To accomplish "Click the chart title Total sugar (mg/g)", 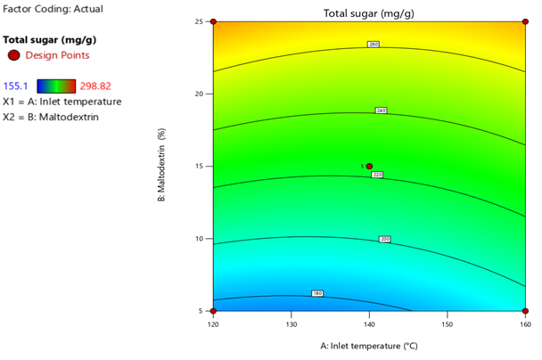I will coord(369,12).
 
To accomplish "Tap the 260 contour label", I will coord(374,44).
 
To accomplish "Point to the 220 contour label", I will coord(376,175).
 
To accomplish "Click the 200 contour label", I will coord(384,239).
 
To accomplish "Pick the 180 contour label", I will coord(317,292).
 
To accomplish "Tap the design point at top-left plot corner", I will coord(214,22).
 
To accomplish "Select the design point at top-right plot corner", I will coord(525,22).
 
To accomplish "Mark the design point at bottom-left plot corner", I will coord(214,311).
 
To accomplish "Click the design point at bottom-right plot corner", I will coord(525,311).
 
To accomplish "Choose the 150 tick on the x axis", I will coord(448,325).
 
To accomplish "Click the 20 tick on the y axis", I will coord(202,94).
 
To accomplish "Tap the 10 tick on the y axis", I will coord(202,239).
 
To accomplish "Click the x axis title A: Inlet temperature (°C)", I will coord(369,345).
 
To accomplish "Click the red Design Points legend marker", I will coord(13,55).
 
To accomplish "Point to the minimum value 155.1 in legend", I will coord(18,86).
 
